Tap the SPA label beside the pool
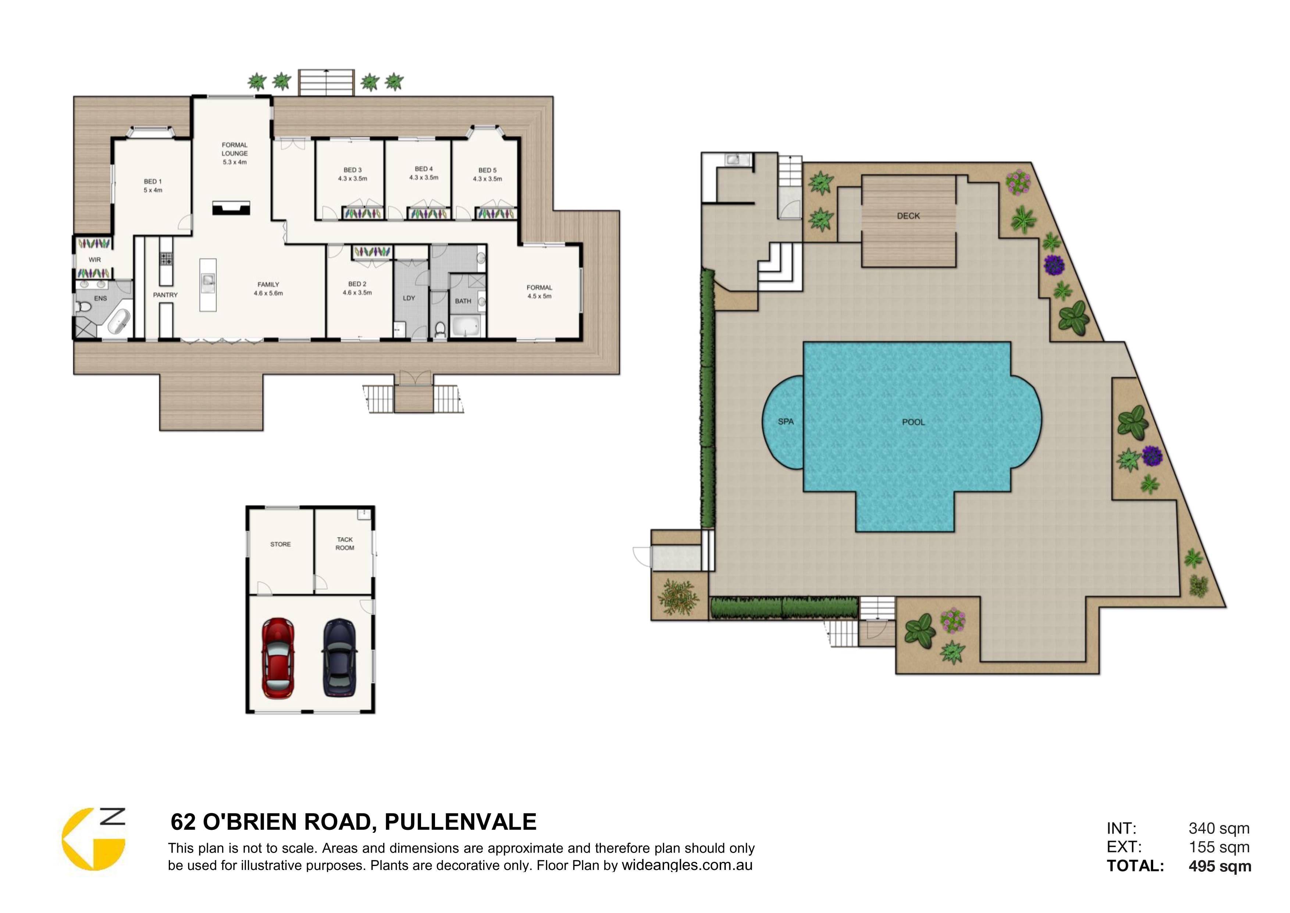click(785, 422)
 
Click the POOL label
click(913, 422)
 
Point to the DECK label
click(909, 216)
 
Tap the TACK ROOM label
click(345, 544)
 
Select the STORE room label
click(280, 544)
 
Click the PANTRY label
click(165, 295)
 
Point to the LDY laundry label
click(409, 298)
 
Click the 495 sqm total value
click(1220, 866)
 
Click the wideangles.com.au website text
click(687, 865)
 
